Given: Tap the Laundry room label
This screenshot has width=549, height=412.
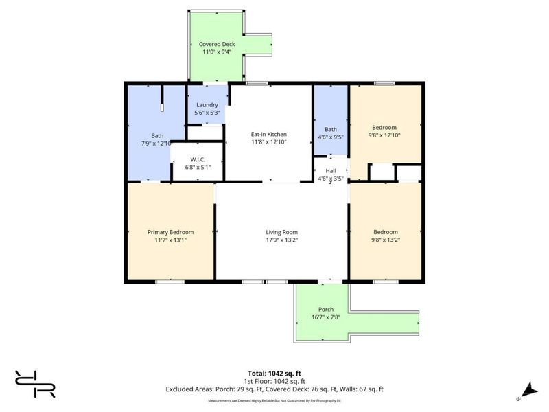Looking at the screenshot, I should coord(207,105).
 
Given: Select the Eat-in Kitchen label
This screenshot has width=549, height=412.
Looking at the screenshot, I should coord(268,134).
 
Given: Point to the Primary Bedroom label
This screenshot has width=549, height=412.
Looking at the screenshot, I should coord(170,232).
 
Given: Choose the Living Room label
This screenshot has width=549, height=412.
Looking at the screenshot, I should coord(281,232).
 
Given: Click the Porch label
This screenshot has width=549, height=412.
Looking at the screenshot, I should coord(325,309).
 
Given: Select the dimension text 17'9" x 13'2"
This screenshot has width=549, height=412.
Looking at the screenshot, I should coord(281,240).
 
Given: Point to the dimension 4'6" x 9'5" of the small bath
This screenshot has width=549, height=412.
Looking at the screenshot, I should coord(331,137).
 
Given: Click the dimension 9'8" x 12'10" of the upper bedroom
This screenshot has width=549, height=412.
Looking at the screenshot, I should coord(384,135).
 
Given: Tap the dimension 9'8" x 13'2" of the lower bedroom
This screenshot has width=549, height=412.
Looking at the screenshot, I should coord(384,240).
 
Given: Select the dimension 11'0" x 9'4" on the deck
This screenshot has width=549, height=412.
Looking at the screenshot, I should coord(216,51).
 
